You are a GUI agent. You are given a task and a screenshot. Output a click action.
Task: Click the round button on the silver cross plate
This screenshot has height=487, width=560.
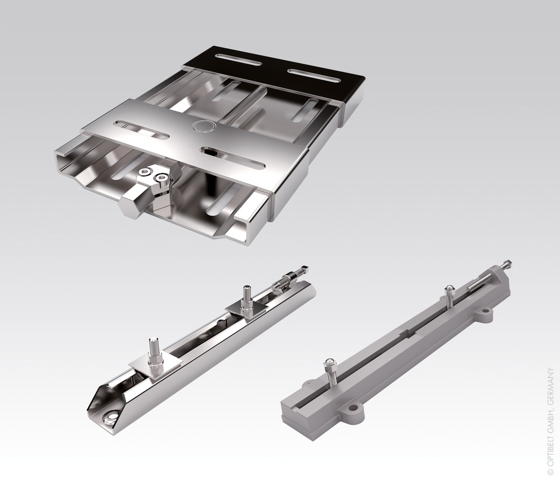(x=204, y=126)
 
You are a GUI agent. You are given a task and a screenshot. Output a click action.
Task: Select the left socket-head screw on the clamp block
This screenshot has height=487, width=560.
(x=143, y=172)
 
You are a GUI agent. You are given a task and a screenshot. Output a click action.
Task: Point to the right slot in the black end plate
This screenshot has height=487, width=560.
(x=314, y=75)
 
